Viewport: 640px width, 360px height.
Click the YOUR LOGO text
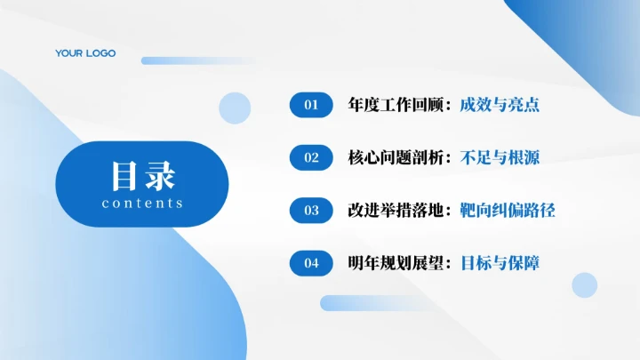[x=85, y=53]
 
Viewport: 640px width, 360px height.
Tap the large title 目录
[x=143, y=175]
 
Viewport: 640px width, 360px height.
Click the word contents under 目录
[x=143, y=204]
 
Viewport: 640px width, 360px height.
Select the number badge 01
[x=311, y=105]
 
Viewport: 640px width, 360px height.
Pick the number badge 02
[x=311, y=157]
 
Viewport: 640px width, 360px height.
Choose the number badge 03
[x=311, y=211]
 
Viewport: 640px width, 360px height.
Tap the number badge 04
[x=311, y=263]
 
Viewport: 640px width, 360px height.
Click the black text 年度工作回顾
[x=399, y=105]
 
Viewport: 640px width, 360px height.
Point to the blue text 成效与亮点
[x=500, y=105]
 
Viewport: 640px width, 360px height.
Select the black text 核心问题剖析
[x=399, y=157]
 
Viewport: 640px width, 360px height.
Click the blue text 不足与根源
[x=500, y=157]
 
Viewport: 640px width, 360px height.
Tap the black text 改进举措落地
[x=399, y=211]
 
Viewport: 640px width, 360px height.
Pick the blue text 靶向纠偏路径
[x=508, y=211]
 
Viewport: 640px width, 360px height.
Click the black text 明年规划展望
[x=399, y=263]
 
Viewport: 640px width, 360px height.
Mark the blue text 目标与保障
[x=500, y=263]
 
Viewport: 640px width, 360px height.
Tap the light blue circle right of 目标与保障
[x=584, y=284]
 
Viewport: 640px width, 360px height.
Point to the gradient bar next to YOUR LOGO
[x=196, y=60]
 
